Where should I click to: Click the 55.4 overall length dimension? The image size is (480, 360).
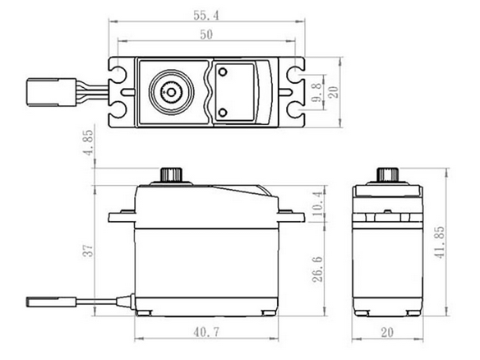coord(206,16)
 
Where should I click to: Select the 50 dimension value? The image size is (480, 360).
coord(206,35)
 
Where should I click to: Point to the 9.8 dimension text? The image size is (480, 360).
coord(318,92)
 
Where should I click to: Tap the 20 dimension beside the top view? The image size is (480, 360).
coord(334,92)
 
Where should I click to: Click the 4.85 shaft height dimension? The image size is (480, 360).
coord(89,143)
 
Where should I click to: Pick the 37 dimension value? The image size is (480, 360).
coord(88,251)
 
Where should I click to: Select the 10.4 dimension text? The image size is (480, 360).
coord(318,203)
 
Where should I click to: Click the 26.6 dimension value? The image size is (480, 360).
coord(317,269)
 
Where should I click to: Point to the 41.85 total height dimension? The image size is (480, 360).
coord(440,242)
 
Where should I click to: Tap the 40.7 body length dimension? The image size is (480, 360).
coord(206,332)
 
